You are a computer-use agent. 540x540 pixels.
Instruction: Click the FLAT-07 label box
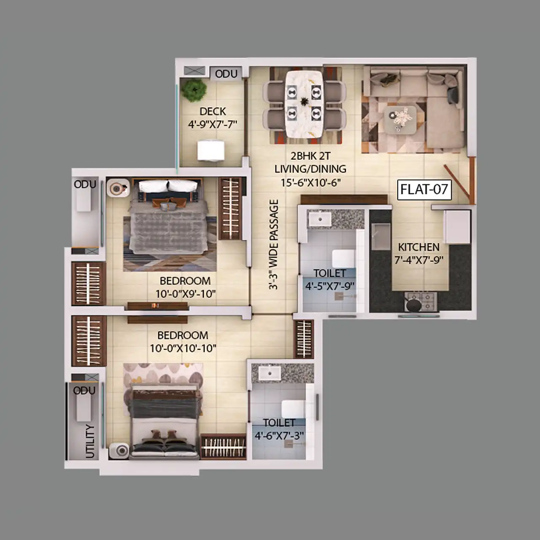click(x=424, y=190)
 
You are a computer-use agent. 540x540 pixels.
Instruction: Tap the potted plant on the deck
click(x=194, y=90)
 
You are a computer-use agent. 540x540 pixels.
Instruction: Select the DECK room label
click(x=213, y=111)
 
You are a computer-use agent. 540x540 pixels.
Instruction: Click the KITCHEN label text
click(x=418, y=247)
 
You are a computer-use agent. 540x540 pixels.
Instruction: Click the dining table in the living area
click(x=303, y=104)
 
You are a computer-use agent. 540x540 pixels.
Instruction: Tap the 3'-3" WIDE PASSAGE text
click(x=273, y=244)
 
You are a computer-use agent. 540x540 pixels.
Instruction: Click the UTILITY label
click(x=90, y=441)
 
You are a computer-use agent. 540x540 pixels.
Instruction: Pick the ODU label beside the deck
click(x=226, y=74)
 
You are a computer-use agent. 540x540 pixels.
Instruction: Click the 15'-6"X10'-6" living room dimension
click(x=310, y=183)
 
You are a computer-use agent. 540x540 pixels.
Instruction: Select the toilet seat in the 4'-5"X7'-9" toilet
click(x=343, y=259)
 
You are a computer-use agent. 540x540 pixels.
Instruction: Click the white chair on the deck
click(x=211, y=151)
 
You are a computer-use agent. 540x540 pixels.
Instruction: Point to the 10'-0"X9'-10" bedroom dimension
click(x=186, y=294)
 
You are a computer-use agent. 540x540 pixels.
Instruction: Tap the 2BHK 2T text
click(x=310, y=156)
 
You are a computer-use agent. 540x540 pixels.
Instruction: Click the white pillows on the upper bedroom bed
click(x=168, y=186)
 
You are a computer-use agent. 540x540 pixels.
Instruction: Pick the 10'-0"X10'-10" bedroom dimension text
click(x=183, y=348)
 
